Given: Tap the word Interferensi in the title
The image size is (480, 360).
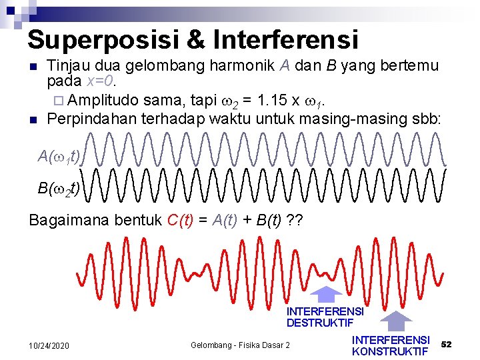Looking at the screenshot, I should (286, 40).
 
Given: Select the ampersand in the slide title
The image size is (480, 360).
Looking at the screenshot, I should (196, 40).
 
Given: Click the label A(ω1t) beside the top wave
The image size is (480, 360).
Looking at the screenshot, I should (59, 157).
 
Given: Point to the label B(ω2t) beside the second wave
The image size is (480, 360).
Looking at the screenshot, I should (59, 189).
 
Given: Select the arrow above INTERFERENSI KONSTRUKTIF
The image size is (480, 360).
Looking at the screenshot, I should (397, 321).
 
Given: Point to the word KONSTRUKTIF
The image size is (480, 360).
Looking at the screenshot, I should (390, 351).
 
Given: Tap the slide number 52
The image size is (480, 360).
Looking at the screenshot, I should (447, 344).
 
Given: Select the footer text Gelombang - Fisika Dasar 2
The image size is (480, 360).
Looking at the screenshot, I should (241, 345).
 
